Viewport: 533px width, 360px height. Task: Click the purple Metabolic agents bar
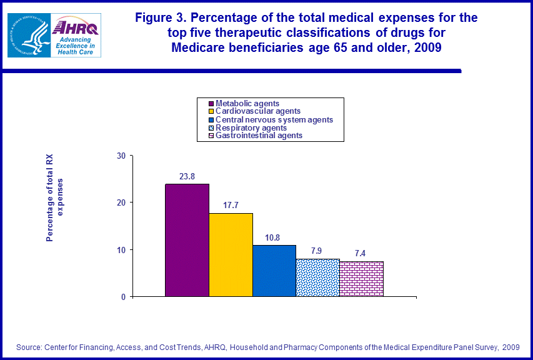(187, 240)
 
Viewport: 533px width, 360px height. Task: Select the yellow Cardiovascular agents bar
(231, 254)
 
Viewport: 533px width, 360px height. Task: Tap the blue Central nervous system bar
(274, 271)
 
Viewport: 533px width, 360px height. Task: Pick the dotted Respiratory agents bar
(317, 277)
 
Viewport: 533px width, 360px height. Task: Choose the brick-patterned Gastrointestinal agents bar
(361, 279)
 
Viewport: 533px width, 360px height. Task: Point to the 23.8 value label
(187, 176)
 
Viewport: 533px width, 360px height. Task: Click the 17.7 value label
(231, 206)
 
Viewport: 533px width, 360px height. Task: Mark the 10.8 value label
(274, 237)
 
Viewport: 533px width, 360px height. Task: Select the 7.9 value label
(317, 251)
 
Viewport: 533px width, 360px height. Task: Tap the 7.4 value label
(361, 254)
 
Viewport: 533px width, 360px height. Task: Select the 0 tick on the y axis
(123, 297)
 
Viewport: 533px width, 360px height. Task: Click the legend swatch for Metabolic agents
(211, 104)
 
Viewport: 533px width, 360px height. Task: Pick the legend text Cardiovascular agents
(257, 111)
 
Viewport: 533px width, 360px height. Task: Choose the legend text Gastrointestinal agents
(259, 135)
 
